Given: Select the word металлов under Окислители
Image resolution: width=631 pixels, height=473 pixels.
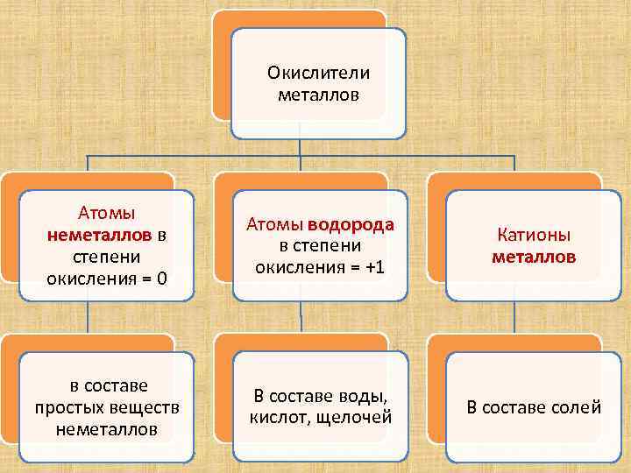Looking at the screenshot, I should click(319, 93).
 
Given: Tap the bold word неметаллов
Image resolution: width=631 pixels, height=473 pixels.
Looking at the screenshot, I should click(99, 235).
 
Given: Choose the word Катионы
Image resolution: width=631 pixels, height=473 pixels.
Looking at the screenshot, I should click(534, 236).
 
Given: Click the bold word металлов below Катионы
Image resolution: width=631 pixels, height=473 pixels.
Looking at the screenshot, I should click(534, 258).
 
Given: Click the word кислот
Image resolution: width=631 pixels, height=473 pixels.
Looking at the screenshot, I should click(277, 416).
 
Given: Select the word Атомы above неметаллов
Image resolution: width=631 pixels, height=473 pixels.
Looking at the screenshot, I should click(105, 213).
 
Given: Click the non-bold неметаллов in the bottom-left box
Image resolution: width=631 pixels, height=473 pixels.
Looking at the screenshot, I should click(106, 429).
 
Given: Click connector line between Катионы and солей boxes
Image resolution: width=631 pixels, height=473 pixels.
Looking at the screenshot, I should click(514, 322).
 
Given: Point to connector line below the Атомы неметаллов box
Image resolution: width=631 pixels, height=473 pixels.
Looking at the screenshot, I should click(87, 322).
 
